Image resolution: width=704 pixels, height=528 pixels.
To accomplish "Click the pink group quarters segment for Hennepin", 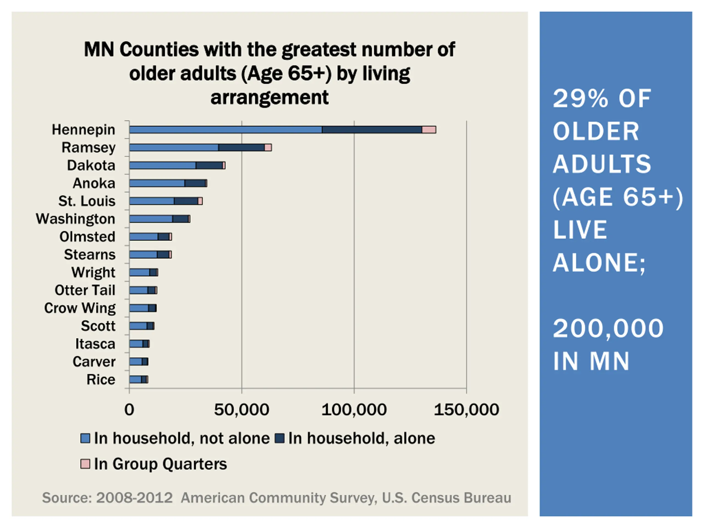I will tap(429, 130).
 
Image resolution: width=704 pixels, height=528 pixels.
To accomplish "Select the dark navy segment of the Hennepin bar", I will tap(372, 130).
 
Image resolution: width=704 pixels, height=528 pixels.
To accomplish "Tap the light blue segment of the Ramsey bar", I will tap(174, 147).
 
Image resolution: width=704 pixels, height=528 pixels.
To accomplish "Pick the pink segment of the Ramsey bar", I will tap(268, 147).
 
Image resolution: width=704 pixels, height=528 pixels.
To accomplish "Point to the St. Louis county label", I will tap(87, 201).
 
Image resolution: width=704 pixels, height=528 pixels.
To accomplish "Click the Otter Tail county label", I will tap(85, 290).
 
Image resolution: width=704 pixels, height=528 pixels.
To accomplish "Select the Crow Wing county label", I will tap(79, 308).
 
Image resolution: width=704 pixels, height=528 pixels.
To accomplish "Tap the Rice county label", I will tap(101, 380).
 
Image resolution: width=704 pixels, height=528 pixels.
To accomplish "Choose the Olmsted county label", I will tap(87, 237).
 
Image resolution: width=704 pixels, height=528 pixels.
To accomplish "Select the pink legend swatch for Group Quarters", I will tap(85, 464).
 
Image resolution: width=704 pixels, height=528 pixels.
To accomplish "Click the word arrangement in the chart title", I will tap(269, 97).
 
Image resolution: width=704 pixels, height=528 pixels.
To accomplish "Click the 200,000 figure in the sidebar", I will tap(608, 328).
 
